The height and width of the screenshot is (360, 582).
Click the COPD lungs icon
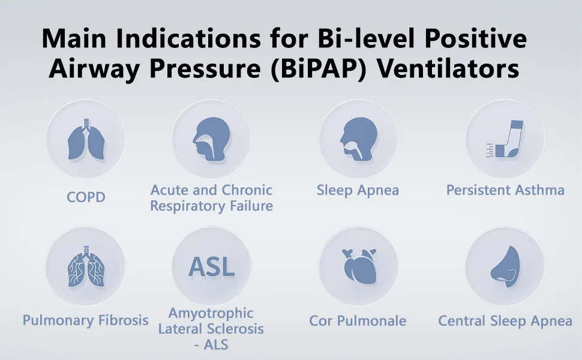86,139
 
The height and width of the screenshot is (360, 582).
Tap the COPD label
86,197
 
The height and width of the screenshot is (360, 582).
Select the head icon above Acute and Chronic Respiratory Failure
211,139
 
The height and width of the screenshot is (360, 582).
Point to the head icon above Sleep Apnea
359,139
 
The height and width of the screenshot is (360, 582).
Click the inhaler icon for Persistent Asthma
505,139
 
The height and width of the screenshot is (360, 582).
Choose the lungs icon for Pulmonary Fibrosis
86,266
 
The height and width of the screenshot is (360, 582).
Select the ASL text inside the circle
212,267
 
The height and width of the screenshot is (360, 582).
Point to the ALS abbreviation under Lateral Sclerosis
216,345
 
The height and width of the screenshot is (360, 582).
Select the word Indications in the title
188,38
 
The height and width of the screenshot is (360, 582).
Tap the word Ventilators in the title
448,69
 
